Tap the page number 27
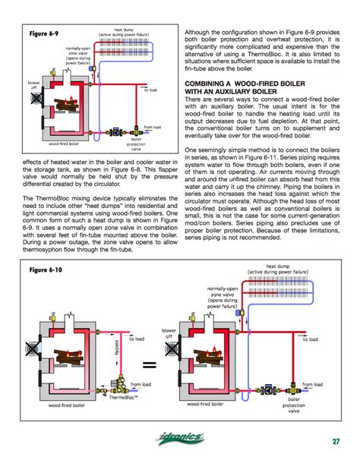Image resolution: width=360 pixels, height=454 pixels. (x=335, y=441)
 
